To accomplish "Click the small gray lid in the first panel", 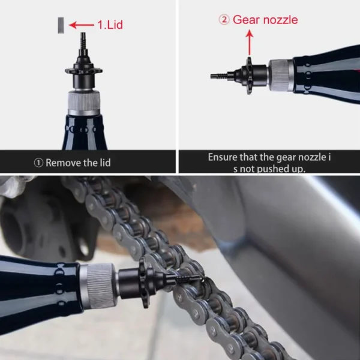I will [59, 25].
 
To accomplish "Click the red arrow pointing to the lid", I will [81, 25].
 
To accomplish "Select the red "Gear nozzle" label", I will [265, 20].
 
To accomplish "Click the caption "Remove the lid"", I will [78, 162].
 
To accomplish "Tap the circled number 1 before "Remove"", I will [39, 162].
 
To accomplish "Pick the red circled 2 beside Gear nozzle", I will [224, 20].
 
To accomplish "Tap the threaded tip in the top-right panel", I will [219, 76].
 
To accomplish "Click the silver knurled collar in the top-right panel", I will [280, 75].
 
